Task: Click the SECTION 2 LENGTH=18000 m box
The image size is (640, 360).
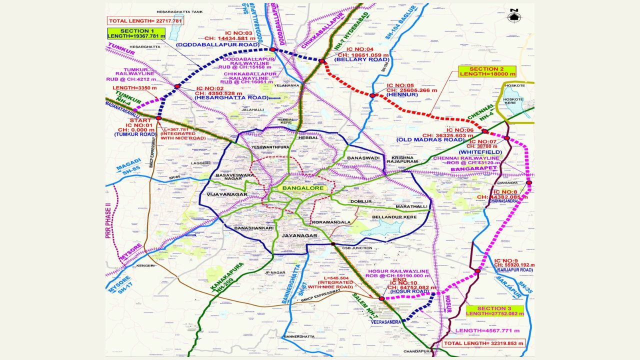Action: click(486, 71)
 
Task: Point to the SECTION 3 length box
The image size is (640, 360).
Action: click(494, 311)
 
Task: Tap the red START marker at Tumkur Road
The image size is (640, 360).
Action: click(158, 118)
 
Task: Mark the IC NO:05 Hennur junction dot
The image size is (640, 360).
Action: click(372, 95)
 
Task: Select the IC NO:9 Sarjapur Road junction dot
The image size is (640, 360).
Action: click(477, 271)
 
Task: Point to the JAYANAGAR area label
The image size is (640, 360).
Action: click(299, 235)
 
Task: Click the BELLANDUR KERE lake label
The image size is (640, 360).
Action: click(394, 217)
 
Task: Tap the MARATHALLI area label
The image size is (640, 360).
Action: click(411, 206)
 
